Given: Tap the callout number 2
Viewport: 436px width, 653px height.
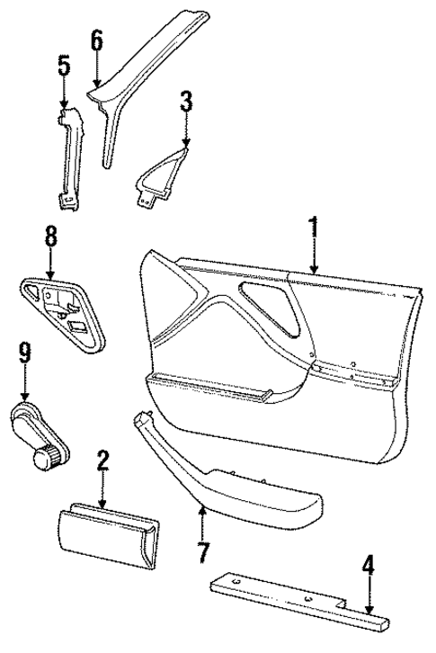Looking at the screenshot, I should tap(103, 462).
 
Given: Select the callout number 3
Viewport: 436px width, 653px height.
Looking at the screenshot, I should tap(185, 102).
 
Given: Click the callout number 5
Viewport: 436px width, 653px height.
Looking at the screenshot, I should tap(64, 66).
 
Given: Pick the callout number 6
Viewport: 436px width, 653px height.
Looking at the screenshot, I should tap(96, 40).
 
